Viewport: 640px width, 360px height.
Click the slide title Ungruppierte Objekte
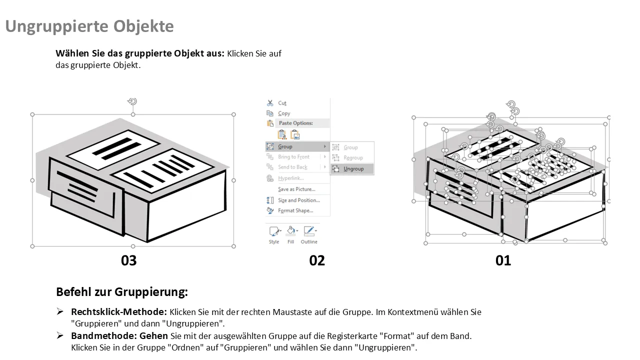click(89, 26)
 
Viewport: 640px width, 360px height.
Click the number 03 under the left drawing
click(128, 260)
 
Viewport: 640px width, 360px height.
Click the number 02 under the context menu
click(317, 260)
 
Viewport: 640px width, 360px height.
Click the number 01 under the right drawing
click(503, 260)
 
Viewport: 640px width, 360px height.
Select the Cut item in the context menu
click(282, 103)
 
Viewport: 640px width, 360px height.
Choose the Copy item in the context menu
click(284, 113)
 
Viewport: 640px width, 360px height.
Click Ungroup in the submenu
click(353, 169)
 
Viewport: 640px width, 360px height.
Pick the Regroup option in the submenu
click(353, 158)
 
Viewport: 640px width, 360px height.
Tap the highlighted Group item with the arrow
click(285, 146)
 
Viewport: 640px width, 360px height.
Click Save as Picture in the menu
click(296, 189)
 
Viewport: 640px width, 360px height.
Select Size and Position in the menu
click(298, 200)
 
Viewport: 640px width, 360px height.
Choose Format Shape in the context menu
click(295, 211)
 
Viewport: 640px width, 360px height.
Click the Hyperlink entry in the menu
click(290, 178)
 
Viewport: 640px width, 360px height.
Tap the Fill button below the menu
click(290, 234)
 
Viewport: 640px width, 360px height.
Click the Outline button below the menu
click(309, 234)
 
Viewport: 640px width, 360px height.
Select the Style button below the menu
click(274, 234)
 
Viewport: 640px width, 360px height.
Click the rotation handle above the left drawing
click(132, 102)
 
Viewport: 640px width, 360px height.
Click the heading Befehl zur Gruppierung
click(122, 292)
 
